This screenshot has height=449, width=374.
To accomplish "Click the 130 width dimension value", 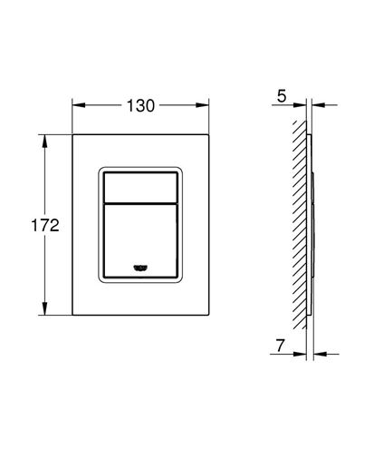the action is pyautogui.click(x=140, y=106).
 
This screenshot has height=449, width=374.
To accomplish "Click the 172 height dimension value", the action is pyautogui.click(x=45, y=226).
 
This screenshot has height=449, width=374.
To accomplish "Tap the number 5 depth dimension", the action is pyautogui.click(x=282, y=96).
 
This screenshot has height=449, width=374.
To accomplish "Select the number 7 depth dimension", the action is pyautogui.click(x=281, y=346).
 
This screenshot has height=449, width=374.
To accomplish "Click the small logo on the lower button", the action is pyautogui.click(x=140, y=268).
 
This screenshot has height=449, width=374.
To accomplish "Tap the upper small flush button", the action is pyautogui.click(x=140, y=188).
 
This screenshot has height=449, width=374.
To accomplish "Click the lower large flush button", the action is pyautogui.click(x=140, y=240).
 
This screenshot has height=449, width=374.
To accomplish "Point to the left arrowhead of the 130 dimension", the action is pyautogui.click(x=79, y=105).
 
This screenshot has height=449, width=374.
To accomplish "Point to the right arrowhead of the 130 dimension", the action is pyautogui.click(x=202, y=105).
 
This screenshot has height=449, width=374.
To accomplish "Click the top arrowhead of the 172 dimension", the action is pyautogui.click(x=45, y=142).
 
